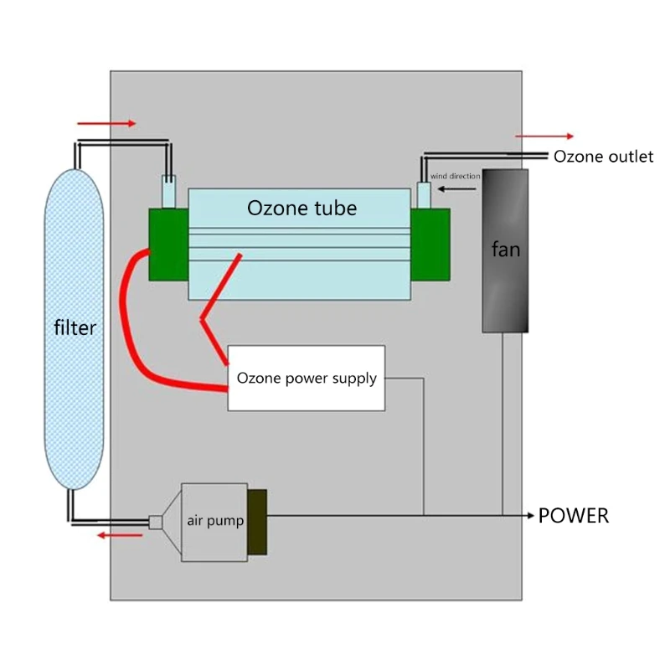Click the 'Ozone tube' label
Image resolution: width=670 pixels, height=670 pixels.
coord(301,208)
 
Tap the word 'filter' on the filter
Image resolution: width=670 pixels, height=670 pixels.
coord(75,328)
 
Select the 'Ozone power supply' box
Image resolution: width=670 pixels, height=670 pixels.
coord(307,378)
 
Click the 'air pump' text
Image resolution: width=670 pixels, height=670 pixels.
coord(215,521)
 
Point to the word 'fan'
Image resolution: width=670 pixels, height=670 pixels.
coord(505,250)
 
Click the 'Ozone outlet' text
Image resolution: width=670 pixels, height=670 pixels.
coord(603,157)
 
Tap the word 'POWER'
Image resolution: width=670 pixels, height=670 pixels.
coord(573,516)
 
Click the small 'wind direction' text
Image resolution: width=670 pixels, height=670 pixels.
coord(455,177)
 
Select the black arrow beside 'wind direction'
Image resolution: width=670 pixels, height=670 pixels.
coord(460,189)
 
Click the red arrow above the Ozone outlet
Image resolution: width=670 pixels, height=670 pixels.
coord(544,136)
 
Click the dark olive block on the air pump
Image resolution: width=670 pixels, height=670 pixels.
coord(257,522)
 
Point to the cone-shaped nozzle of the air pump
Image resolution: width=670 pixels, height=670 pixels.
coord(168,521)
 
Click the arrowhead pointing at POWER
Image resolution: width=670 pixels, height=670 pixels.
coord(529,516)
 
